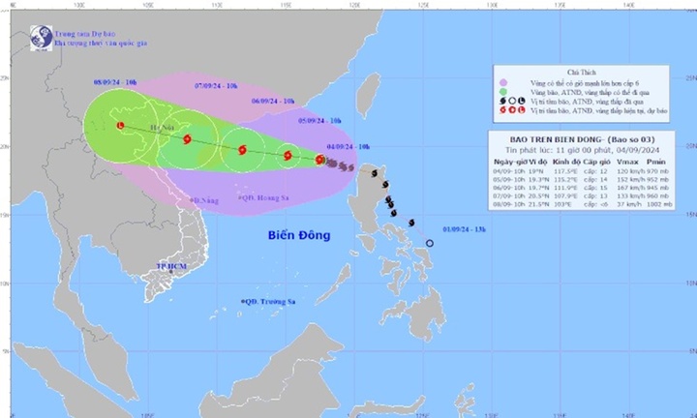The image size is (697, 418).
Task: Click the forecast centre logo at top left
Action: (42, 38)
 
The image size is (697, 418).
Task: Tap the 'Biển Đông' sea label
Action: (298, 235)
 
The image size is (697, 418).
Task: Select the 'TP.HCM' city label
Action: (170, 264)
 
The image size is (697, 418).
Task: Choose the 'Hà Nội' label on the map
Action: (165, 127)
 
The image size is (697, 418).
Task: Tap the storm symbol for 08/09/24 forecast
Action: (120, 126)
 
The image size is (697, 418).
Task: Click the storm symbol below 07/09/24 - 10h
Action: (188, 139)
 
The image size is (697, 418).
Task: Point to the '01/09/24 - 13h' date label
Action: (464, 227)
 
